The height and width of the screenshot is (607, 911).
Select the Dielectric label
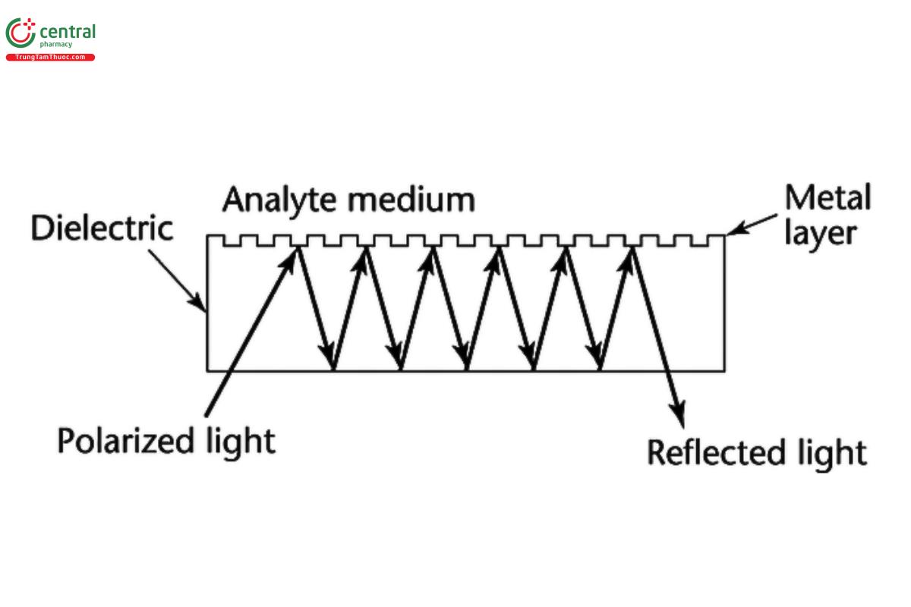click(102, 228)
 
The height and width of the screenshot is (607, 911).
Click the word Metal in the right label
click(827, 199)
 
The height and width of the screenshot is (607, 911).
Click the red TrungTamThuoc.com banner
click(50, 58)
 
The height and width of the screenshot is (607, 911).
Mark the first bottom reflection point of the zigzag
click(333, 370)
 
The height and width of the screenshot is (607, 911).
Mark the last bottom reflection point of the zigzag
click(600, 370)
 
